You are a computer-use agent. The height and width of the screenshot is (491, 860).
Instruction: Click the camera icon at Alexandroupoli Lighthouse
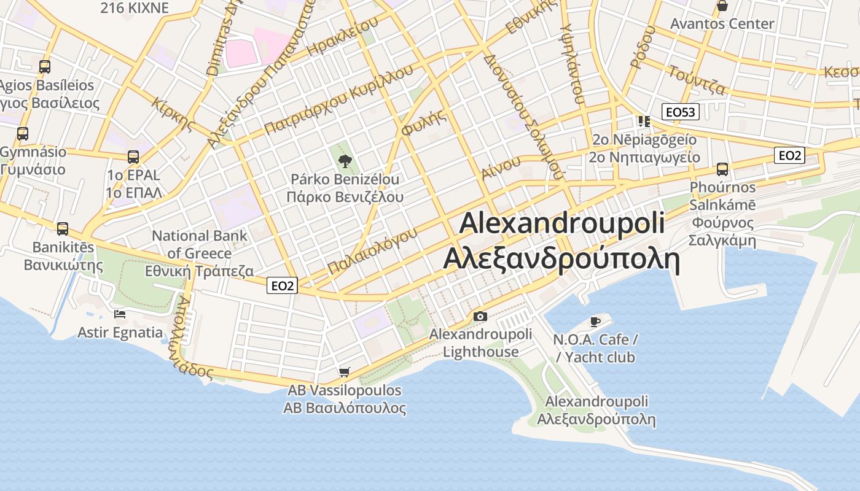coord(480,317)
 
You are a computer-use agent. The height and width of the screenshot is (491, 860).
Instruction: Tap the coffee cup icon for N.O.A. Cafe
coord(595,321)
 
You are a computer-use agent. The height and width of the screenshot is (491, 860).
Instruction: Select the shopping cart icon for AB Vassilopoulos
coord(345,372)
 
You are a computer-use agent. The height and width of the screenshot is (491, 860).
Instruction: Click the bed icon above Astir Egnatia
coord(120,314)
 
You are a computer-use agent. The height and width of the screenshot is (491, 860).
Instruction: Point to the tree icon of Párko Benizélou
coord(345,161)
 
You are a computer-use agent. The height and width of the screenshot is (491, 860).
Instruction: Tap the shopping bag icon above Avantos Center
coord(722,6)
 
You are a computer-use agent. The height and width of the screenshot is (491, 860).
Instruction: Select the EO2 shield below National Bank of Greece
coord(283,285)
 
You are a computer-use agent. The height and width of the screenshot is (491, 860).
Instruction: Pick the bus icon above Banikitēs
coord(63,229)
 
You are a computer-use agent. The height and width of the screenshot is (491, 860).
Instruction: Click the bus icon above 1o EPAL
coord(133,157)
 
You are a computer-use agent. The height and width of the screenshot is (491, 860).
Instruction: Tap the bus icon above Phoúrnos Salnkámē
coord(722,169)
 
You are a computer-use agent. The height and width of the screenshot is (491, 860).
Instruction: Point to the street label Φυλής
coord(423,125)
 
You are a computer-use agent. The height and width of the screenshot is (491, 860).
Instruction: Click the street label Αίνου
coord(501,168)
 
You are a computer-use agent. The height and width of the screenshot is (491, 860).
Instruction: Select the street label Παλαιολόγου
coord(372,250)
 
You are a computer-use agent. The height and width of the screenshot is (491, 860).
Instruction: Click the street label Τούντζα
coord(697,80)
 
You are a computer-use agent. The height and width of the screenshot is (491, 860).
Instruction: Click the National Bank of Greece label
coord(200,244)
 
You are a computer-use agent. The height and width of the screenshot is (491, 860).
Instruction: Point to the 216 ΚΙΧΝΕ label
coord(134,7)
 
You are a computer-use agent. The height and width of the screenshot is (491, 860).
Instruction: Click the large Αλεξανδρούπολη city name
coord(561,259)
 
